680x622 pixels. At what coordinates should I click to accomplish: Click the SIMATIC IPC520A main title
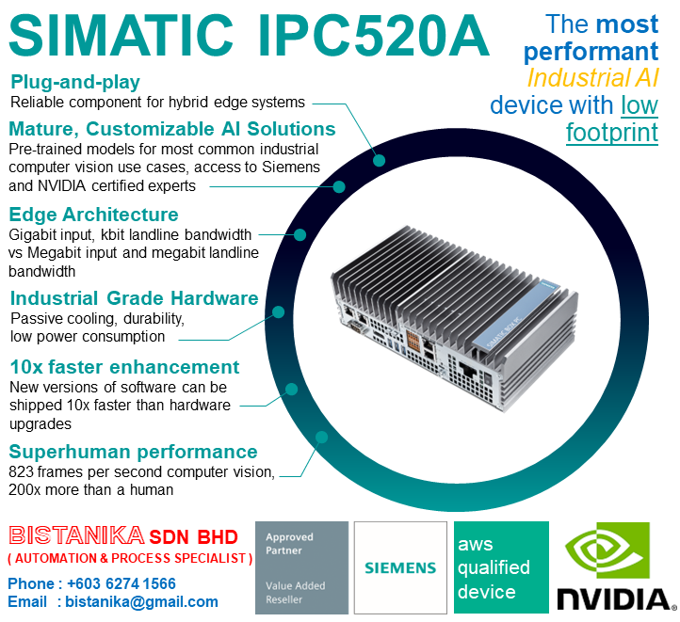(x=250, y=36)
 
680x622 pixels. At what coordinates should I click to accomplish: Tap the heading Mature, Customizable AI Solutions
(x=171, y=128)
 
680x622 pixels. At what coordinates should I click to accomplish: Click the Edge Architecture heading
(x=93, y=214)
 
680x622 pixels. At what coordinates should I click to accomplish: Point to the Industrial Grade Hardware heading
(x=134, y=298)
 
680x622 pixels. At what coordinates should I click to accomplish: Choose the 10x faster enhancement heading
(x=124, y=366)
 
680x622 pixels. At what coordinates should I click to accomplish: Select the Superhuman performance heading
(x=133, y=451)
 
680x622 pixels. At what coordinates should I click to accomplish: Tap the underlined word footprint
(x=611, y=133)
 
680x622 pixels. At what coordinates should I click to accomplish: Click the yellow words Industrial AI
(x=592, y=77)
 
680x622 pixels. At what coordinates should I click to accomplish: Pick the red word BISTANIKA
(x=76, y=536)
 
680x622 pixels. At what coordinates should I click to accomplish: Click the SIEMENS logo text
(x=400, y=568)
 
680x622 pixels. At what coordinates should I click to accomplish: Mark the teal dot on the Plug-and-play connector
(x=379, y=160)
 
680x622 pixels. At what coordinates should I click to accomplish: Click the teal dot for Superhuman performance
(x=322, y=437)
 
